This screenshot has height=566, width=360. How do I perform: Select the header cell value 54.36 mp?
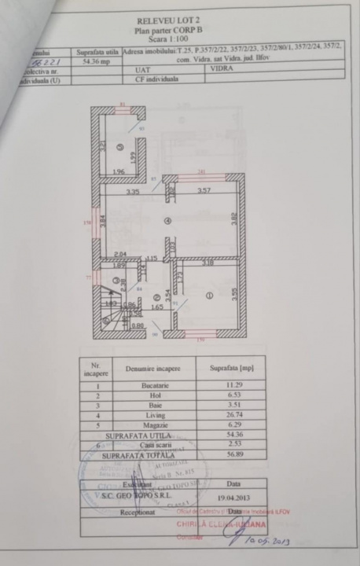pos(97,60)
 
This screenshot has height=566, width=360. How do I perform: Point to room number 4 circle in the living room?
pos(167,221)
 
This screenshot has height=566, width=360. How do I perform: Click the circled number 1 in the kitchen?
pos(208,296)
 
